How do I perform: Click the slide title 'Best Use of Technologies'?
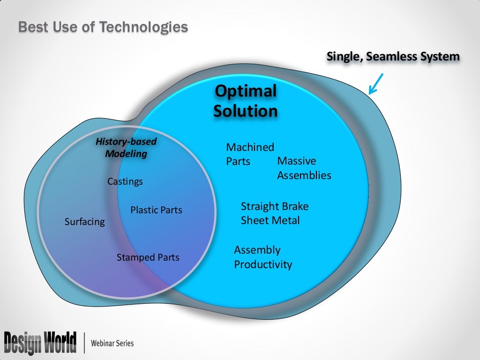(x=103, y=27)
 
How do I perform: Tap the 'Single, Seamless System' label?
(x=393, y=57)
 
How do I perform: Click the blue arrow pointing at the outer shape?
(x=376, y=83)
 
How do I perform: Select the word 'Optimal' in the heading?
(x=246, y=91)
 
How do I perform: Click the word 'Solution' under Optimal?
(x=246, y=111)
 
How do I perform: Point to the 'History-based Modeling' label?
(x=126, y=147)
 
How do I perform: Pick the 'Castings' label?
(x=125, y=181)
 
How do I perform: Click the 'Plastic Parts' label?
(x=156, y=210)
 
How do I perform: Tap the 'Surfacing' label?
(x=85, y=222)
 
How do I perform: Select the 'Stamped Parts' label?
(x=148, y=257)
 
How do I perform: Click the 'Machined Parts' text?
(x=250, y=154)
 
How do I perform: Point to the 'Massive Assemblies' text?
(x=304, y=168)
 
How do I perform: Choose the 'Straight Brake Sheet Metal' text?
(x=274, y=213)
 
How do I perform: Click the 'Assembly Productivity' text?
(x=262, y=257)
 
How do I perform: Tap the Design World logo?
(x=40, y=343)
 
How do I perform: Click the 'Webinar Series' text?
(x=112, y=344)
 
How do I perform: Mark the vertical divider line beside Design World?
(x=84, y=343)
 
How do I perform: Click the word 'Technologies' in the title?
(x=143, y=27)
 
